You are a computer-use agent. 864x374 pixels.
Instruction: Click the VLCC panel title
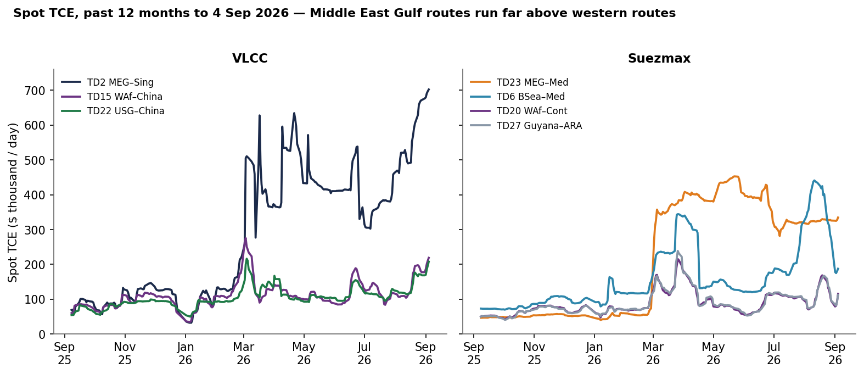(x=250, y=58)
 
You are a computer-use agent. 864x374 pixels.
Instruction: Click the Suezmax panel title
(x=659, y=58)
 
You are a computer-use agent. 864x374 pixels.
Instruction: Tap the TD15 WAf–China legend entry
(x=112, y=97)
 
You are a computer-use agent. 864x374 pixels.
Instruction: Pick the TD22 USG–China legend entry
(x=113, y=111)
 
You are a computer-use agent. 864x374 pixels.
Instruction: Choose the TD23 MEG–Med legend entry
(x=519, y=82)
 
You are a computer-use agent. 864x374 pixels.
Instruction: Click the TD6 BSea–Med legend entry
(x=517, y=97)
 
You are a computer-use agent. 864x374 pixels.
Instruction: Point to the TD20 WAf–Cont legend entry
(x=519, y=111)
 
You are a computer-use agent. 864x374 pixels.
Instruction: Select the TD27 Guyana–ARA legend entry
(x=526, y=126)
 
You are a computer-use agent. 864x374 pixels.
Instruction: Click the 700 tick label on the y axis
(x=35, y=91)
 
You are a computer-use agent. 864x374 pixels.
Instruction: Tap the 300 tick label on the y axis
(x=35, y=230)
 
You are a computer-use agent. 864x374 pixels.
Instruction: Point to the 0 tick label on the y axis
(x=42, y=334)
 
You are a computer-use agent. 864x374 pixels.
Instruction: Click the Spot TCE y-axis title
(x=13, y=203)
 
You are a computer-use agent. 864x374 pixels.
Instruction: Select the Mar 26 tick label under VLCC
(x=244, y=354)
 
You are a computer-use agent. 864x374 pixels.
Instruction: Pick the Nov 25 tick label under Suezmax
(x=534, y=354)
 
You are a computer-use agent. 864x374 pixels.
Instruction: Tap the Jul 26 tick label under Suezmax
(x=774, y=354)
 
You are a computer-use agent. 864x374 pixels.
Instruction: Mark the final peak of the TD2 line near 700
(x=429, y=89)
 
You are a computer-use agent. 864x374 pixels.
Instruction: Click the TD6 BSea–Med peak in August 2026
(x=814, y=180)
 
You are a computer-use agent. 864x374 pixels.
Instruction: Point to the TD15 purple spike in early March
(x=245, y=238)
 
